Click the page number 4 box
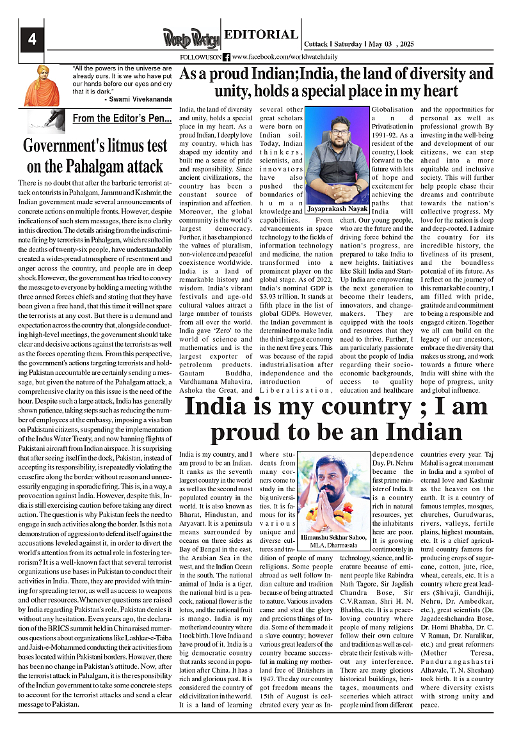(31, 40)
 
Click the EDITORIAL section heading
(260, 35)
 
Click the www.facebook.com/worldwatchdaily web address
(276, 57)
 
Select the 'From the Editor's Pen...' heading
(122, 118)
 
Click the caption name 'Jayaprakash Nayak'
(337, 208)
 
